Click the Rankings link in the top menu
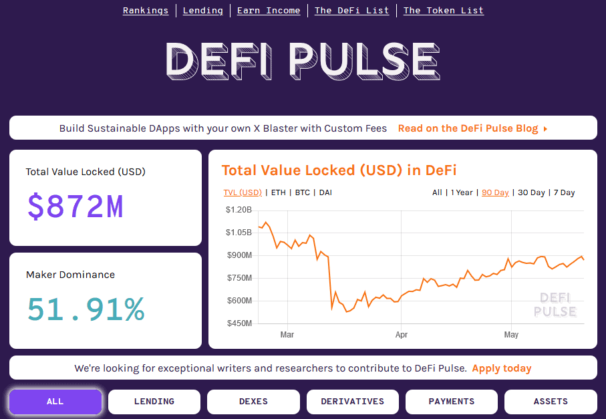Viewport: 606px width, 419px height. click(x=146, y=11)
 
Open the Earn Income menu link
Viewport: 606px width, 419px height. click(x=269, y=11)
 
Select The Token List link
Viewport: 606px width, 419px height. click(x=443, y=11)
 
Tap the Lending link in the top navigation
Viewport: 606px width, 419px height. click(x=203, y=11)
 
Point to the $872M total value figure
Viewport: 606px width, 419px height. click(x=75, y=206)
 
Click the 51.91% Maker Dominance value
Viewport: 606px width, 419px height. click(x=86, y=309)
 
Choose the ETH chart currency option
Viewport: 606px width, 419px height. click(x=278, y=192)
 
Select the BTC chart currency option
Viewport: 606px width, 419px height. click(x=303, y=192)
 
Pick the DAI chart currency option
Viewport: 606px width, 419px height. click(x=325, y=192)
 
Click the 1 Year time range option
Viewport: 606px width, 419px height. click(x=462, y=192)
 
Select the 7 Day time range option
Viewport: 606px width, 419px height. click(x=564, y=192)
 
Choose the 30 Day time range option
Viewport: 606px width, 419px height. click(x=531, y=192)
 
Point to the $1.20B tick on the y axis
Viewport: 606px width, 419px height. click(x=239, y=210)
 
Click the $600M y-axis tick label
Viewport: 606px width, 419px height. click(x=239, y=301)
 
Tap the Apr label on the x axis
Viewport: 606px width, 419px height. click(x=402, y=334)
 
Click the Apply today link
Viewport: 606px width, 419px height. click(x=502, y=368)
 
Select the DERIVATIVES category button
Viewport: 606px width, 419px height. click(x=352, y=402)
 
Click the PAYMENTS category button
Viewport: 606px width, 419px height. click(x=452, y=402)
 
